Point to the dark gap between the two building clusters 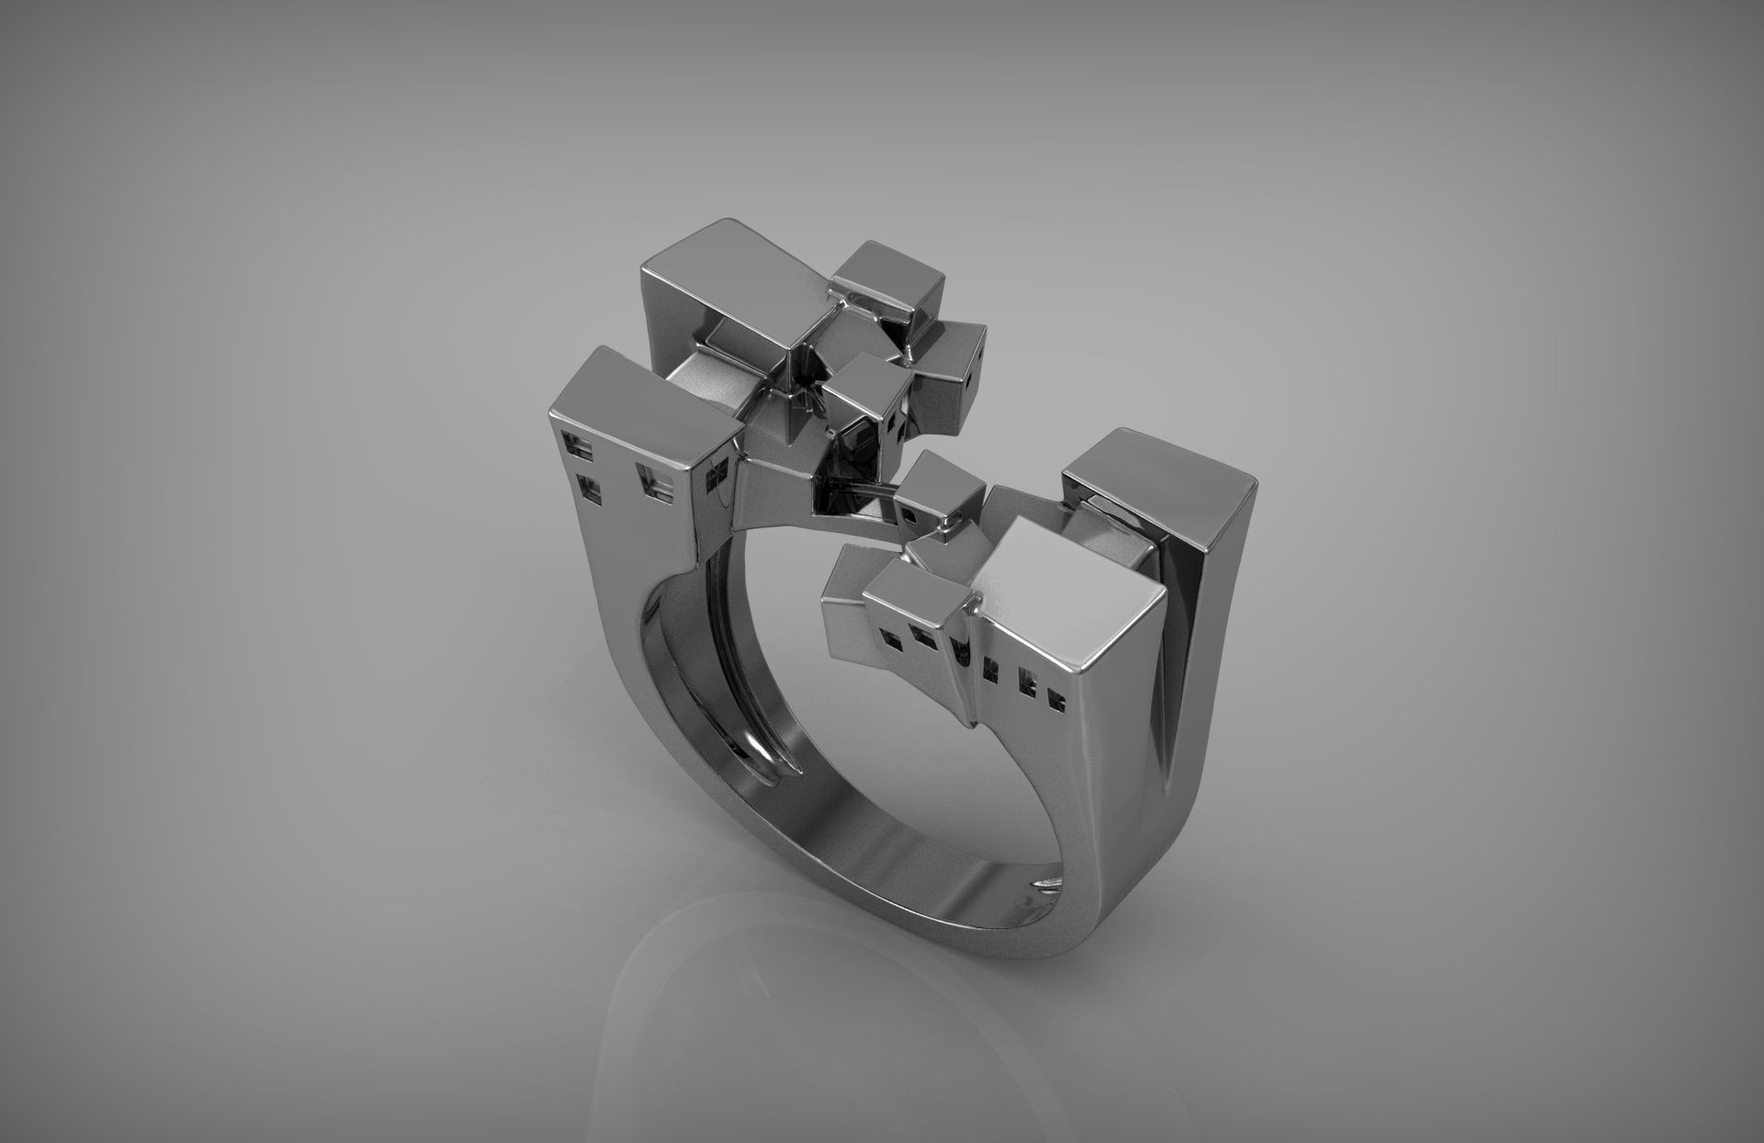pos(841,501)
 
